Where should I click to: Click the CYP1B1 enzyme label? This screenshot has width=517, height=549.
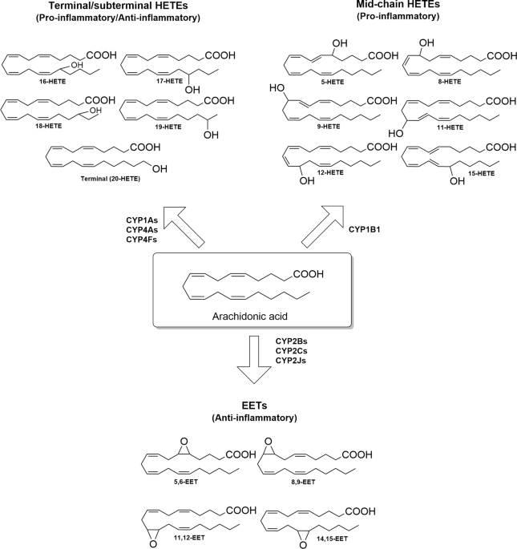point(364,230)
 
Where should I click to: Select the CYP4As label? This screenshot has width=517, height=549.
point(142,230)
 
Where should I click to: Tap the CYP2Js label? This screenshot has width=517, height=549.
point(291,361)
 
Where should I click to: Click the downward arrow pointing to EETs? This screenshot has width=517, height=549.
point(254,360)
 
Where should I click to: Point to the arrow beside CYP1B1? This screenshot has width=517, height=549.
point(322,227)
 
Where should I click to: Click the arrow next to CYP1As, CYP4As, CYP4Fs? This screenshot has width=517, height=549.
point(184,227)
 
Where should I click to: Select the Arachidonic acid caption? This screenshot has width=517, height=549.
point(250,316)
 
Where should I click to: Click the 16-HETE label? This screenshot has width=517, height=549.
point(53,82)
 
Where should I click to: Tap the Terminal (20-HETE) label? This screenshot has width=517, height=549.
point(111,179)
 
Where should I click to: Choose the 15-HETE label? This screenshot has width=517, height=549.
point(481,173)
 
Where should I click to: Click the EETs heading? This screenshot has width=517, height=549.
point(254,406)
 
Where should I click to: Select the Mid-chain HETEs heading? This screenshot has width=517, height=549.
point(398,5)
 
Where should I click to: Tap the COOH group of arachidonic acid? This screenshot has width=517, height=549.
point(309,274)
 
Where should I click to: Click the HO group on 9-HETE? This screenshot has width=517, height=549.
point(277,88)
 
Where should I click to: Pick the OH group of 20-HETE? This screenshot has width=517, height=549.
point(160,169)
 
